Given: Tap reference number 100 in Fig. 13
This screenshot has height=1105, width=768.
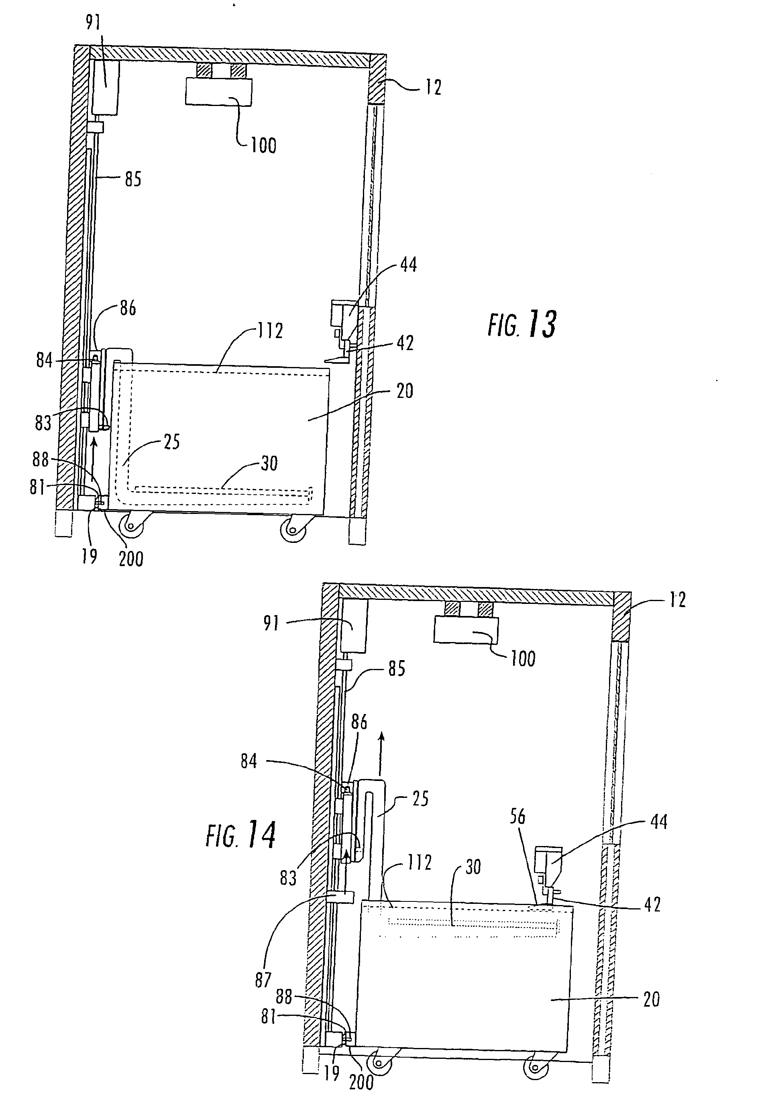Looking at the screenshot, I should tap(263, 145).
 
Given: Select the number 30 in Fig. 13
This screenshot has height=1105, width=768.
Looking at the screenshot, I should tap(269, 463).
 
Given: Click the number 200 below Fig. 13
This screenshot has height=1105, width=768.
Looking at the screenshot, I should tap(131, 559).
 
